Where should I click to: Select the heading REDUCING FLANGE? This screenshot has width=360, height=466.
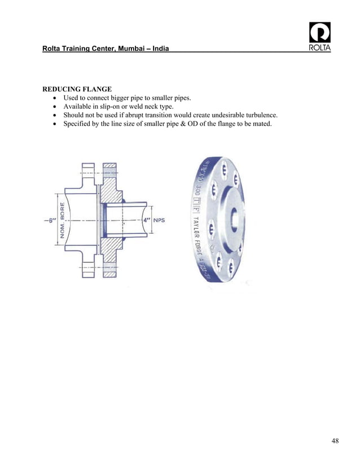77,89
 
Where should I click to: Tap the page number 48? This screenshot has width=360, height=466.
335,441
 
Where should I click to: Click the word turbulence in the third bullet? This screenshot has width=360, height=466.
258,115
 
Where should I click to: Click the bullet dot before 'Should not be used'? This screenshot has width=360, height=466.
55,115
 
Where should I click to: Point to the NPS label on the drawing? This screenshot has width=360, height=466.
160,221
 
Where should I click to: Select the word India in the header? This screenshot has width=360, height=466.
157,50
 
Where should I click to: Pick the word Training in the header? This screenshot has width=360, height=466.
80,50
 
